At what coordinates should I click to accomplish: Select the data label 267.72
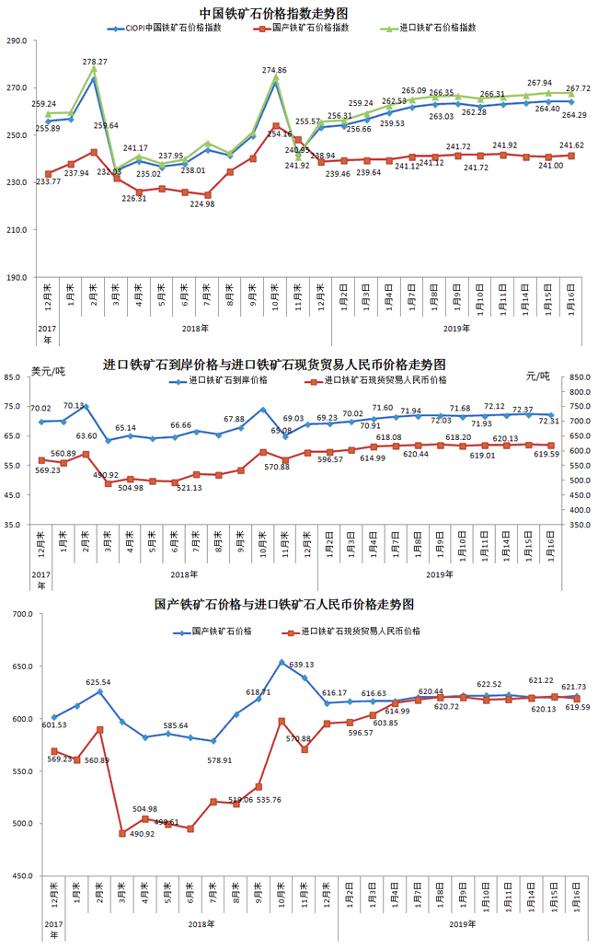pos(578,88)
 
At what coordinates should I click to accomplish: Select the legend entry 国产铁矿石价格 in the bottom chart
pos(222,631)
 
